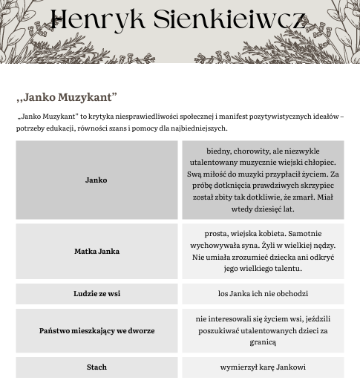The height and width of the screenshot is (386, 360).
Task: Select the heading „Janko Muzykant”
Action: [67, 97]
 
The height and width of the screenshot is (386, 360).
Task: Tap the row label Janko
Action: [96, 180]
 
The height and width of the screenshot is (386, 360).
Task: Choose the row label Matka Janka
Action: [96, 252]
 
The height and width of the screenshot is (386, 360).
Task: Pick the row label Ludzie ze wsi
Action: [96, 294]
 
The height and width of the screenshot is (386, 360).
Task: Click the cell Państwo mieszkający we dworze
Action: [96, 330]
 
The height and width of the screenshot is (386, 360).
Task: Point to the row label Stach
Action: [96, 367]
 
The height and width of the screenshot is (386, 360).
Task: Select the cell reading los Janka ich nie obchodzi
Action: [263, 294]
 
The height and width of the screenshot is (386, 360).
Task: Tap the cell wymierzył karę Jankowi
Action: [263, 367]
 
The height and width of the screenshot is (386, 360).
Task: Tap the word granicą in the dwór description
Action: [263, 342]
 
